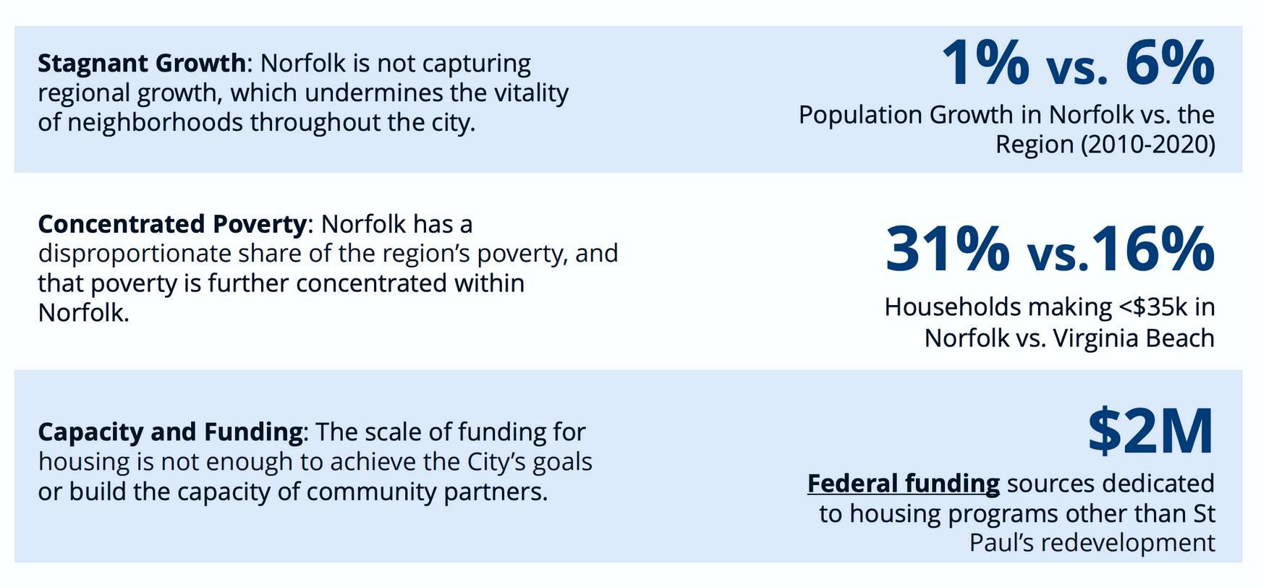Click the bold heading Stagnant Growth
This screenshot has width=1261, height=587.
pos(142,64)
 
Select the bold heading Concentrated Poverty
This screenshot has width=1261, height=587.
pos(172,224)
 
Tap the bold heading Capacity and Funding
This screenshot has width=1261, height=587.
pos(170,432)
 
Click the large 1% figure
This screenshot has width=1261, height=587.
pos(985,63)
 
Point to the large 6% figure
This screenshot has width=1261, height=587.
pos(1170,63)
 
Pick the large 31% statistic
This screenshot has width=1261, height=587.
pos(948,249)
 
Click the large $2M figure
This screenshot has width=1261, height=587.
pos(1150,430)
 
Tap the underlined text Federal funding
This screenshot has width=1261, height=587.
pos(904,483)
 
